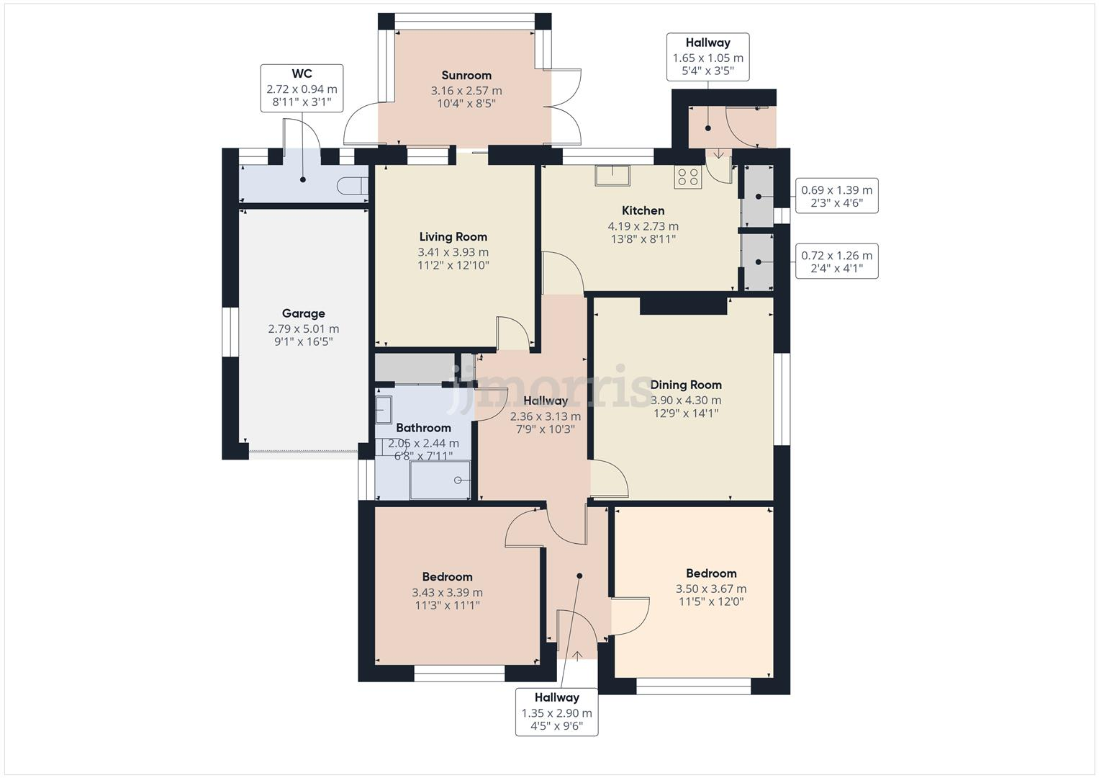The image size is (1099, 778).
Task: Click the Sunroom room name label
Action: [466, 76]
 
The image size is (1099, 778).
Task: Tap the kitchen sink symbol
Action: [612, 175]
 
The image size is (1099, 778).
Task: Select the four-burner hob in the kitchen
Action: [687, 177]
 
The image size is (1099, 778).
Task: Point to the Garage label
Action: [303, 313]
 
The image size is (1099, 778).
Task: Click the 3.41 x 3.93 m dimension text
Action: [453, 252]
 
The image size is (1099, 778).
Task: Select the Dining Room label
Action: [685, 385]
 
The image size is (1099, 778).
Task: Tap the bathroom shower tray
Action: [440, 480]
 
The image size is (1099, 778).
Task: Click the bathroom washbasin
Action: [384, 409]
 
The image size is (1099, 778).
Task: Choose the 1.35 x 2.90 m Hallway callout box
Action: [556, 712]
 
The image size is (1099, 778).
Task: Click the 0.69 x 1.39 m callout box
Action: [836, 196]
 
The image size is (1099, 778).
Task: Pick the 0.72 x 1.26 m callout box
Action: [836, 261]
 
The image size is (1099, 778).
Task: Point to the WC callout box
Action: [302, 88]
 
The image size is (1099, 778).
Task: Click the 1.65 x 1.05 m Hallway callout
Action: [707, 57]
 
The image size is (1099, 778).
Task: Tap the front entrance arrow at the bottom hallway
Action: [576, 655]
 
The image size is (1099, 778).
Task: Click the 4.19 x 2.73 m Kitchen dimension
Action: [643, 226]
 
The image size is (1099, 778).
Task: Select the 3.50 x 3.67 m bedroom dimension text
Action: [710, 589]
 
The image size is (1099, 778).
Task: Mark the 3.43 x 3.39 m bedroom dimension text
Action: [447, 592]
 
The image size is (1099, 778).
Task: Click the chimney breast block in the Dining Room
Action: [683, 305]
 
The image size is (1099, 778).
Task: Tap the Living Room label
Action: [453, 237]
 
